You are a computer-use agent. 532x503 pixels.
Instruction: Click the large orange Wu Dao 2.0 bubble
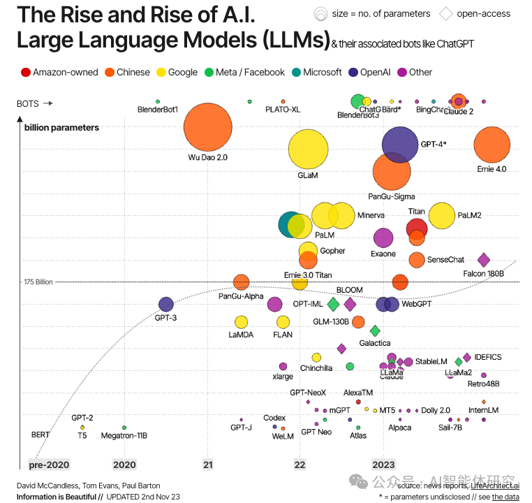207,127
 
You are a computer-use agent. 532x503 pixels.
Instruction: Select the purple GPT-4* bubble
400,145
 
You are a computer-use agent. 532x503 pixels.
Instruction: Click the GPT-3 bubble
166,304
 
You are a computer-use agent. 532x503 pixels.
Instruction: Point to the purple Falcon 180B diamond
483,260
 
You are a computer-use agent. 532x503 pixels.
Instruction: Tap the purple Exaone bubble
383,238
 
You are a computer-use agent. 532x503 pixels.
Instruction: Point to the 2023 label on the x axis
383,465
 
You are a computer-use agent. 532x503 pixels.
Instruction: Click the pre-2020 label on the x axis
49,465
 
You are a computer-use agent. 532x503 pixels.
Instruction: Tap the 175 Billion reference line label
38,282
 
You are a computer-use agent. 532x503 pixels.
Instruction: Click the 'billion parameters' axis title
61,128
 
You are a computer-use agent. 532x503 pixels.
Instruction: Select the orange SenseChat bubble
417,260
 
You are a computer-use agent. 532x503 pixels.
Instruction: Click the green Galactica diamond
375,330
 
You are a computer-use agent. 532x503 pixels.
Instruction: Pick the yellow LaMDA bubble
241,322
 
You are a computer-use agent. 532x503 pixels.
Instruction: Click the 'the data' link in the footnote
506,497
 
